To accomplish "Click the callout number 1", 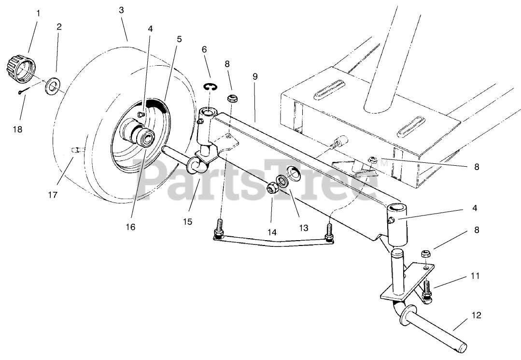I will (38, 13).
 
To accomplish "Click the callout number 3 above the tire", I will (121, 10).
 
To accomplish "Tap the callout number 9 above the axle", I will (255, 77).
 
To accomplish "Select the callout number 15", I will (187, 221).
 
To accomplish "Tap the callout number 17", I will (53, 195).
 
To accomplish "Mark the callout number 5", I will (179, 39).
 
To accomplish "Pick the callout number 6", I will (204, 49).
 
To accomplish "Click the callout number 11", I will (475, 276).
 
